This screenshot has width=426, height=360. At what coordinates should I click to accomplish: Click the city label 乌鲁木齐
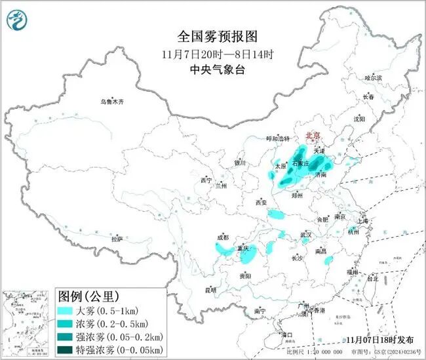(x=111, y=102)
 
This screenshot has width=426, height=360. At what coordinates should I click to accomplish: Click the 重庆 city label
(x=243, y=249)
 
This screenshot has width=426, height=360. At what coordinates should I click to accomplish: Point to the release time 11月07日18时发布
(x=379, y=340)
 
